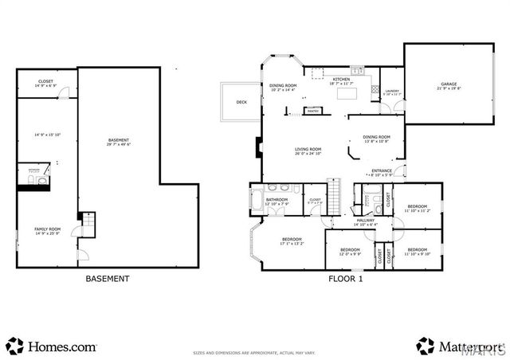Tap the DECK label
[241, 102]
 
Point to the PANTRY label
[313, 111]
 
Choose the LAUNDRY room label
[391, 92]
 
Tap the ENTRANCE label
[381, 170]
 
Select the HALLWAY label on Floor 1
[366, 221]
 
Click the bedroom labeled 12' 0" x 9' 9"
[350, 252]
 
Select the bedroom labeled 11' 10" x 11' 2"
[417, 208]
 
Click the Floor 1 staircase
[337, 194]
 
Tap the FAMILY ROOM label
[47, 230]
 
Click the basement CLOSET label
[46, 83]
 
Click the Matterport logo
[458, 346]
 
